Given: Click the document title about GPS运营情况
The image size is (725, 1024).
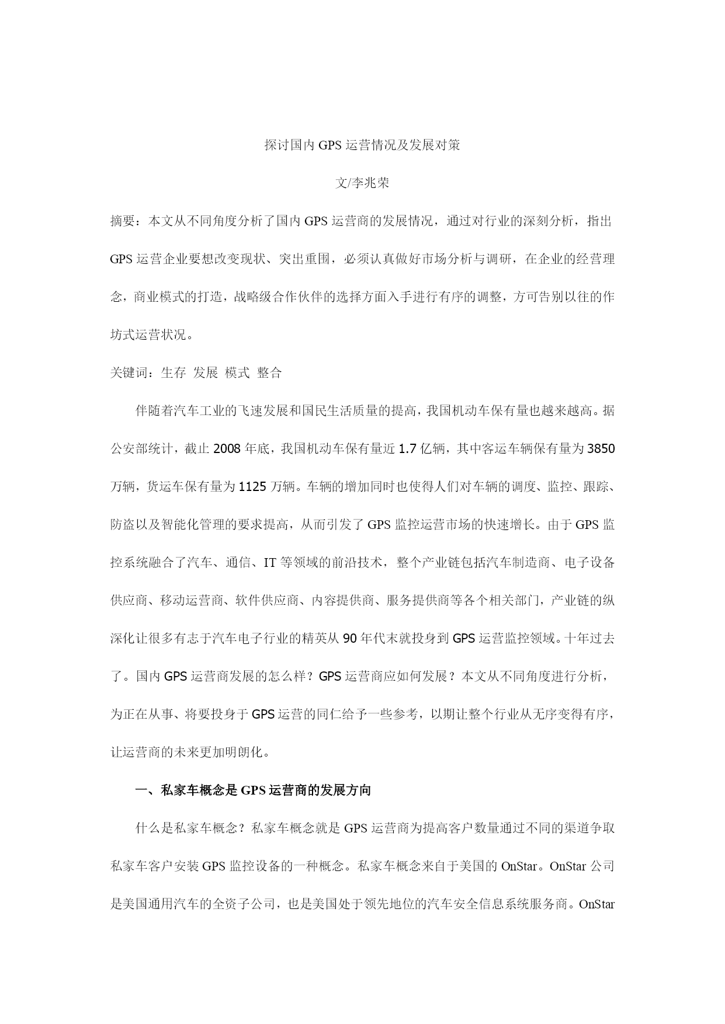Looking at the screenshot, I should click(x=362, y=145).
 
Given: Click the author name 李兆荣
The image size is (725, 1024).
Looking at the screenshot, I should click(x=370, y=183).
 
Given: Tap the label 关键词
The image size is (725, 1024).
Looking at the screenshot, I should click(x=129, y=373).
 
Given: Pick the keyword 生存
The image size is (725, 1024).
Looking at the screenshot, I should click(x=174, y=373).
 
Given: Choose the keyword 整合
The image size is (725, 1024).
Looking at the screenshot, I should click(x=269, y=373).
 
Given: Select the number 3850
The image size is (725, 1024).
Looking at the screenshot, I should click(x=601, y=449).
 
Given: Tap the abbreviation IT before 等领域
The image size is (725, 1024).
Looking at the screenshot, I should click(x=270, y=563).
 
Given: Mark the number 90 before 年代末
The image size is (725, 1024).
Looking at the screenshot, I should click(x=350, y=639).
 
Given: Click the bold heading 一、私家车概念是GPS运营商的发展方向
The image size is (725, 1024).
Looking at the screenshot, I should click(x=253, y=790).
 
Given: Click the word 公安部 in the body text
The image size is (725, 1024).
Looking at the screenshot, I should click(x=129, y=449).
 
